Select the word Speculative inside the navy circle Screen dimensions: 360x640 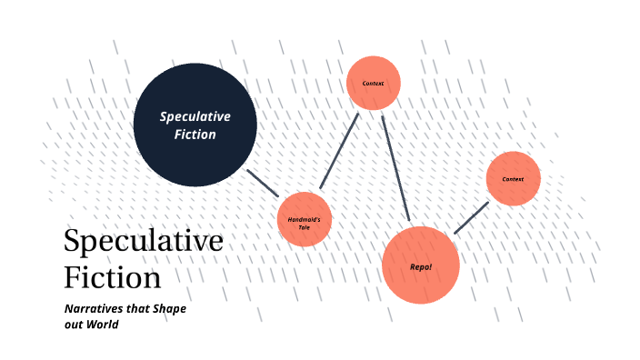[195, 116]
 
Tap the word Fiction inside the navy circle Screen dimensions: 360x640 [195, 135]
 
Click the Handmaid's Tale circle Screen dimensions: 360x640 [304, 219]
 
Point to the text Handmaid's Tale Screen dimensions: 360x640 [304, 223]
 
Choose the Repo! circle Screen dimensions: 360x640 [420, 265]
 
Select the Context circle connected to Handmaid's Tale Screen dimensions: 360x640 [374, 84]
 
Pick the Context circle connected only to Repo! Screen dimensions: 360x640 [513, 178]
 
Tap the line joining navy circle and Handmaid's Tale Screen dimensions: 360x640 [263, 183]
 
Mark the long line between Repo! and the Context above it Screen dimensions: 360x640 [396, 168]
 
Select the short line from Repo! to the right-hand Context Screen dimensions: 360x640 [471, 218]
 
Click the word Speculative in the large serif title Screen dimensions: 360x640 [144, 241]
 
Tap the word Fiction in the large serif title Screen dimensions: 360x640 [113, 275]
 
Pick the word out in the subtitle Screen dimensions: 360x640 [75, 325]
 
